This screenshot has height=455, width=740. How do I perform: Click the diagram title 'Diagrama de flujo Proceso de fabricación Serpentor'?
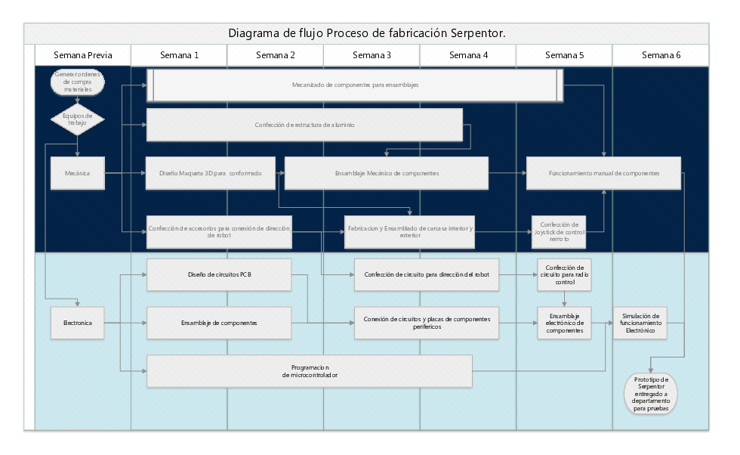tap(366, 33)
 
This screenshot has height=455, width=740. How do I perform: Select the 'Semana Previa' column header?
tap(83, 55)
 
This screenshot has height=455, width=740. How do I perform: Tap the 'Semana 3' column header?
tap(372, 55)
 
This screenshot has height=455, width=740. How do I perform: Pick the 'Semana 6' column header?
tap(661, 55)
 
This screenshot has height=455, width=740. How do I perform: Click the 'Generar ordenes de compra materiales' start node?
tap(77, 82)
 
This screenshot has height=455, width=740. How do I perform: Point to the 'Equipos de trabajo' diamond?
tap(77, 119)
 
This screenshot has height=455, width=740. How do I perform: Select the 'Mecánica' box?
tap(77, 173)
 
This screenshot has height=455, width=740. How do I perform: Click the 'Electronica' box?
tap(77, 323)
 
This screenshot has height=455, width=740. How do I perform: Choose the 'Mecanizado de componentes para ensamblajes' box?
tap(355, 85)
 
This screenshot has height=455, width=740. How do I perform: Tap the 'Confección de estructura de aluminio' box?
tap(304, 125)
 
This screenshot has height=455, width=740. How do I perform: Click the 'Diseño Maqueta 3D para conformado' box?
tap(211, 173)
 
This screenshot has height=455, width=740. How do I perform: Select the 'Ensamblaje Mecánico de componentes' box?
tap(386, 173)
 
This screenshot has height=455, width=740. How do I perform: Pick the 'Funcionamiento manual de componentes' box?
tap(603, 173)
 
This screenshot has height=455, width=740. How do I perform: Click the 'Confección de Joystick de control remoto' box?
tap(559, 231)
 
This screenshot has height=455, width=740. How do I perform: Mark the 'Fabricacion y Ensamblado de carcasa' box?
tap(409, 231)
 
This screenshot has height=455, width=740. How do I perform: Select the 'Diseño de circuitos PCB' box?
tap(219, 274)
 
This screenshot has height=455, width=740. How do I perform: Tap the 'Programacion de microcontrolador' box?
tap(310, 370)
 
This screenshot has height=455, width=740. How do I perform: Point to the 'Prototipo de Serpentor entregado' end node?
tap(650, 394)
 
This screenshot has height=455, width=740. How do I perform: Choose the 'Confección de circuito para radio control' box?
tap(563, 274)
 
